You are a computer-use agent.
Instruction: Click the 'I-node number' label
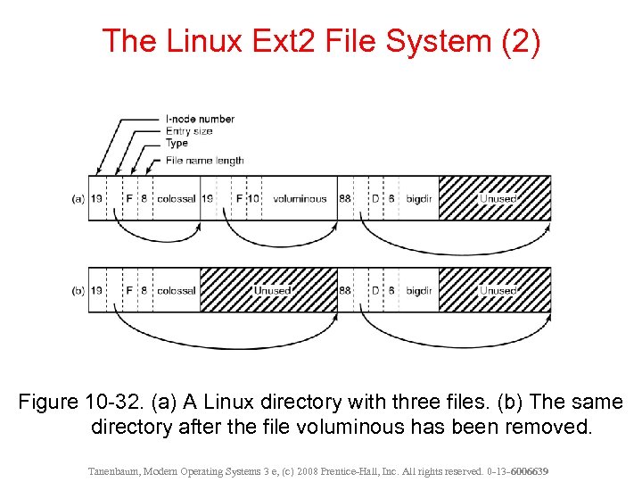click(200, 119)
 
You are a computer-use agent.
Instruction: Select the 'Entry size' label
click(189, 131)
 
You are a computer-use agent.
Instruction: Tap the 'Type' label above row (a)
click(177, 143)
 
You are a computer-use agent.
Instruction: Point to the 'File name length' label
click(204, 161)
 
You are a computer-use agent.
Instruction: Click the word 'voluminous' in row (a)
click(300, 198)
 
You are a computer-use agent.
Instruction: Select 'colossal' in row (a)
click(176, 198)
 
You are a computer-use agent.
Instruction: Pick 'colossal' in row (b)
click(176, 290)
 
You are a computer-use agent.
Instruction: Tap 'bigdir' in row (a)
click(419, 198)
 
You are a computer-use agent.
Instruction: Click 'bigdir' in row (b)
click(419, 290)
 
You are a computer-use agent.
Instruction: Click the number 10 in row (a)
click(253, 198)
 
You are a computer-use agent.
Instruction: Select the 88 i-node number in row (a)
click(345, 198)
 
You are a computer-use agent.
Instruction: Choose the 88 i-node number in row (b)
click(345, 290)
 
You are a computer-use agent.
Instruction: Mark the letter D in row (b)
click(375, 290)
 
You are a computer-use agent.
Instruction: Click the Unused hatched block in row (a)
click(496, 198)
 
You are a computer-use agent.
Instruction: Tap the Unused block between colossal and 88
click(270, 290)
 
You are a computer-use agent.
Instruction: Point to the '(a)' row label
click(78, 198)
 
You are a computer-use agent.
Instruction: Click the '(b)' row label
click(78, 290)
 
